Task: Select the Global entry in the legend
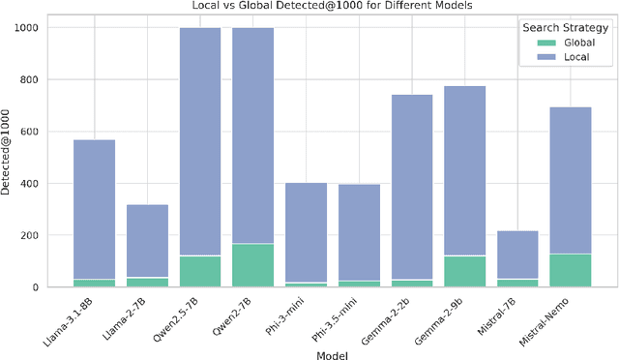click(563, 43)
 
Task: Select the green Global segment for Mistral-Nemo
click(570, 270)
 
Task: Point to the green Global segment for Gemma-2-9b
click(464, 271)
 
